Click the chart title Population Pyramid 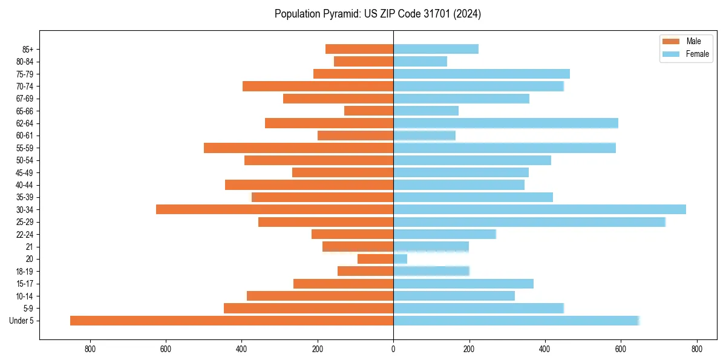pyautogui.click(x=378, y=14)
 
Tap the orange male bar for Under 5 pyautogui.click(x=232, y=321)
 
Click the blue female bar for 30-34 pyautogui.click(x=540, y=209)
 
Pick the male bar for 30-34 pyautogui.click(x=275, y=209)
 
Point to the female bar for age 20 pyautogui.click(x=401, y=259)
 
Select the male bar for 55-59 pyautogui.click(x=299, y=148)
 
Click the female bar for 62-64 pyautogui.click(x=506, y=123)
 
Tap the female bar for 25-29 pyautogui.click(x=529, y=222)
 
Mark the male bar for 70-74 pyautogui.click(x=318, y=86)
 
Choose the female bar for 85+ pyautogui.click(x=436, y=49)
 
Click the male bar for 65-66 pyautogui.click(x=369, y=111)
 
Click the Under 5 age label pyautogui.click(x=21, y=321)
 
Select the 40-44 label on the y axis pyautogui.click(x=25, y=185)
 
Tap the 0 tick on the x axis pyautogui.click(x=393, y=348)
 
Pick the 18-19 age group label pyautogui.click(x=25, y=272)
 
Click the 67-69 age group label pyautogui.click(x=25, y=99)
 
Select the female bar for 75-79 pyautogui.click(x=482, y=74)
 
